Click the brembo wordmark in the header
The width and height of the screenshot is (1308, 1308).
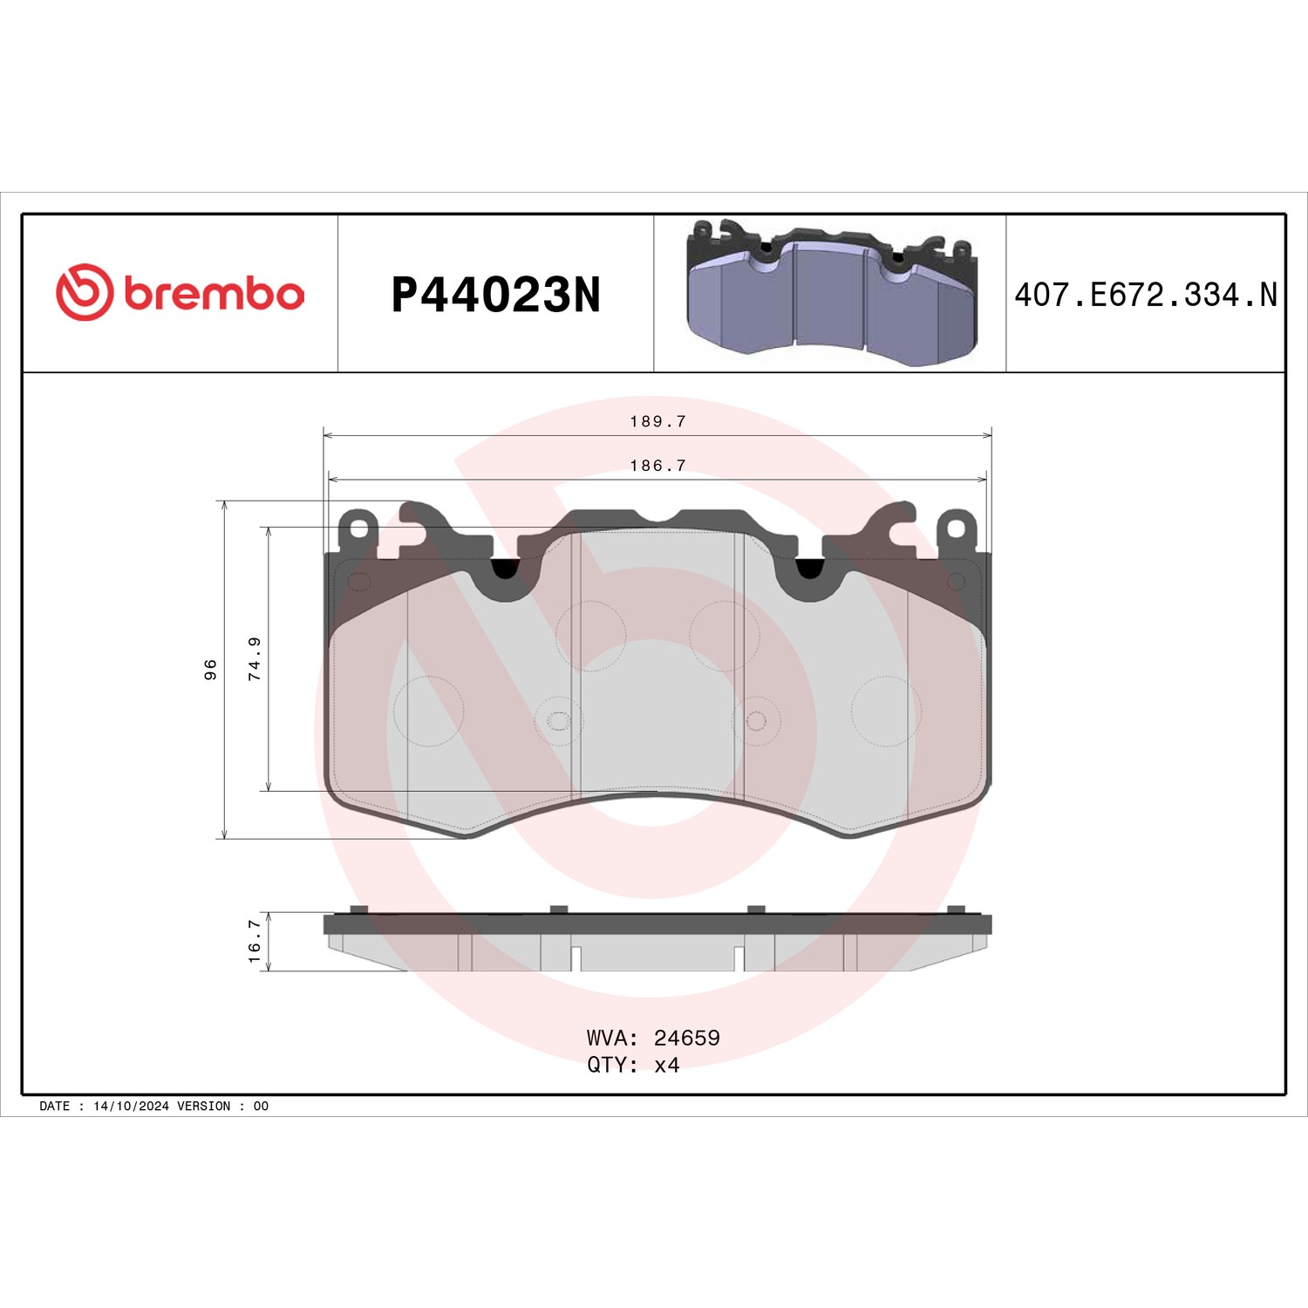coord(215,293)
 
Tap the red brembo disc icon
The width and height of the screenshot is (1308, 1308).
coord(85,291)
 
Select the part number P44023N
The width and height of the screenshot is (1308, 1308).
coord(496,295)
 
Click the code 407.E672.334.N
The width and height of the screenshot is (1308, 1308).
coord(1146,295)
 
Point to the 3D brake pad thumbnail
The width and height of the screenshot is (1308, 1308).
coord(832,292)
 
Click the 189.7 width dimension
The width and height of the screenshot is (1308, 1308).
coord(657,421)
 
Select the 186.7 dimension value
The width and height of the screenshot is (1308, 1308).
coord(657,466)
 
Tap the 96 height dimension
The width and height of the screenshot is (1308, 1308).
coord(210,670)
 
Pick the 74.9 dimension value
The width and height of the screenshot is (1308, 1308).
coord(255,658)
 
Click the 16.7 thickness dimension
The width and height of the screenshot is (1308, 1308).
coord(255,941)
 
